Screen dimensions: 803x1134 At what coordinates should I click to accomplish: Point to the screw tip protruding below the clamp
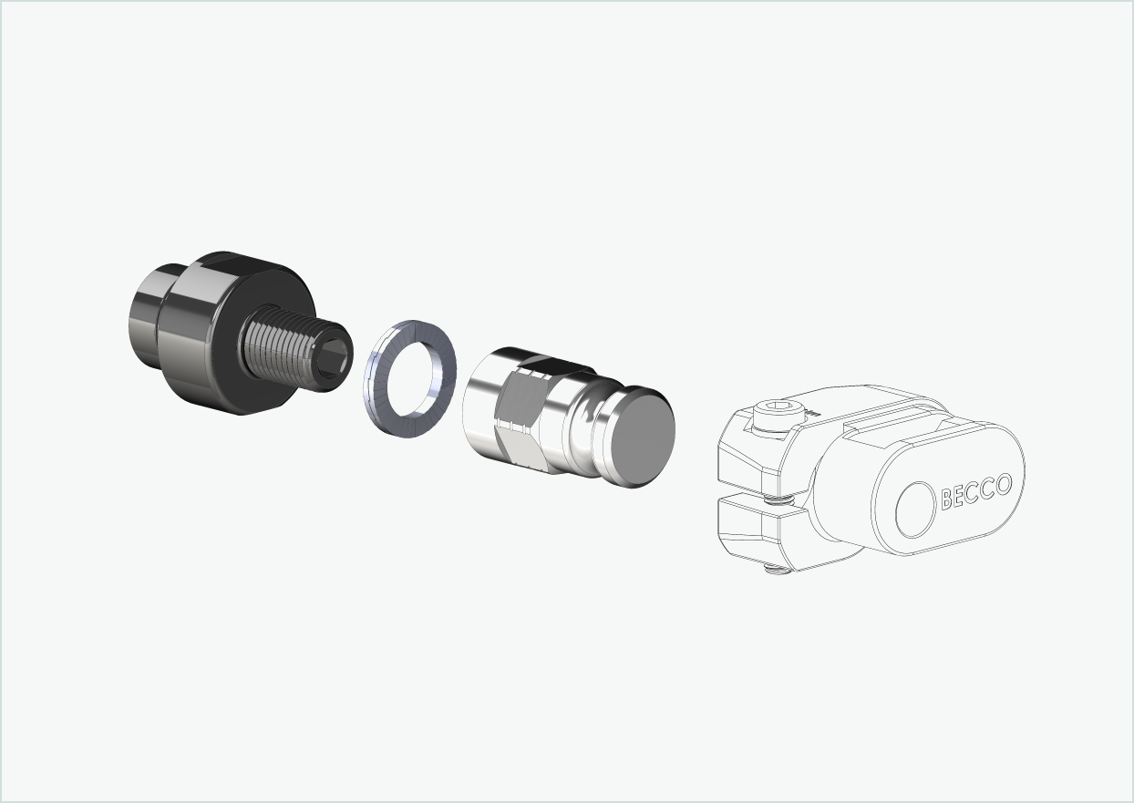coord(773,571)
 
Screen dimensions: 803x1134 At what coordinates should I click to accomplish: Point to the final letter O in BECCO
coord(1003,484)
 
